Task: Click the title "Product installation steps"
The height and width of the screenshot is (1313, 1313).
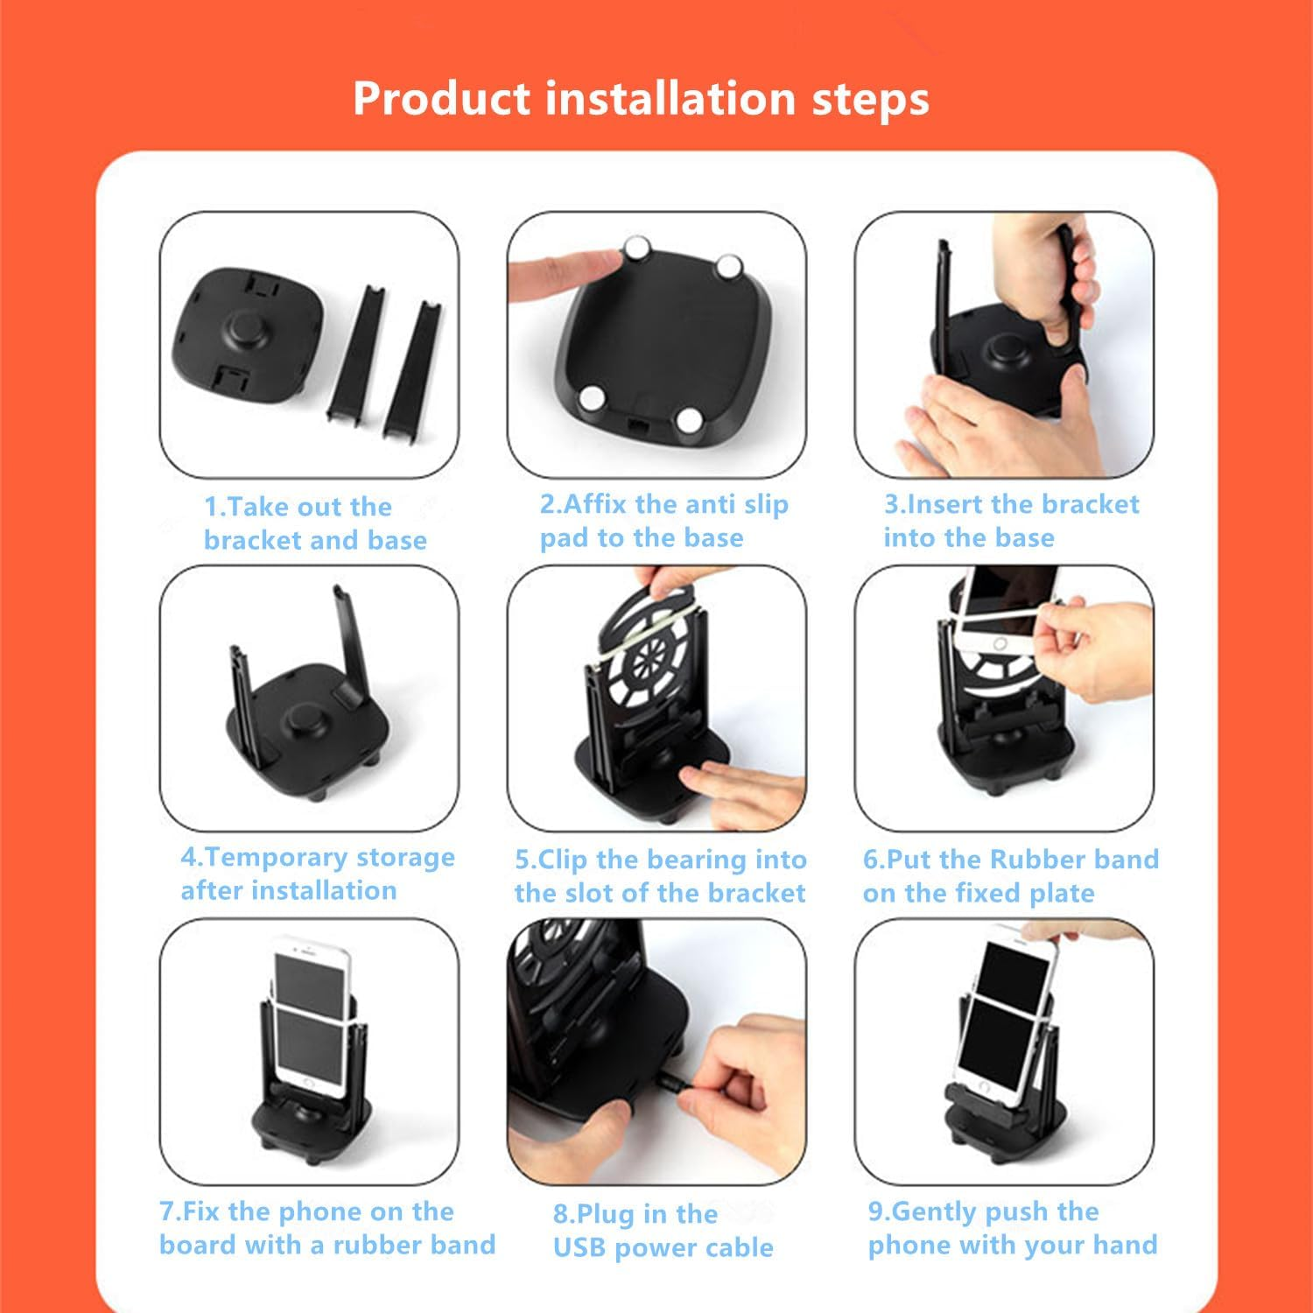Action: (641, 98)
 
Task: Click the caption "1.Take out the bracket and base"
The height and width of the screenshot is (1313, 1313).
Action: (314, 523)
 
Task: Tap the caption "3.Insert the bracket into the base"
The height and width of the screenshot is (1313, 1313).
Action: (1010, 521)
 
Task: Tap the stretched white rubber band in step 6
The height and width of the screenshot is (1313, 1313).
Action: (1007, 618)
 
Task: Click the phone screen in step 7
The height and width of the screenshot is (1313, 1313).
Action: (311, 1007)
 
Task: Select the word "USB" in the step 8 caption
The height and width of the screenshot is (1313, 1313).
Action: (579, 1247)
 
